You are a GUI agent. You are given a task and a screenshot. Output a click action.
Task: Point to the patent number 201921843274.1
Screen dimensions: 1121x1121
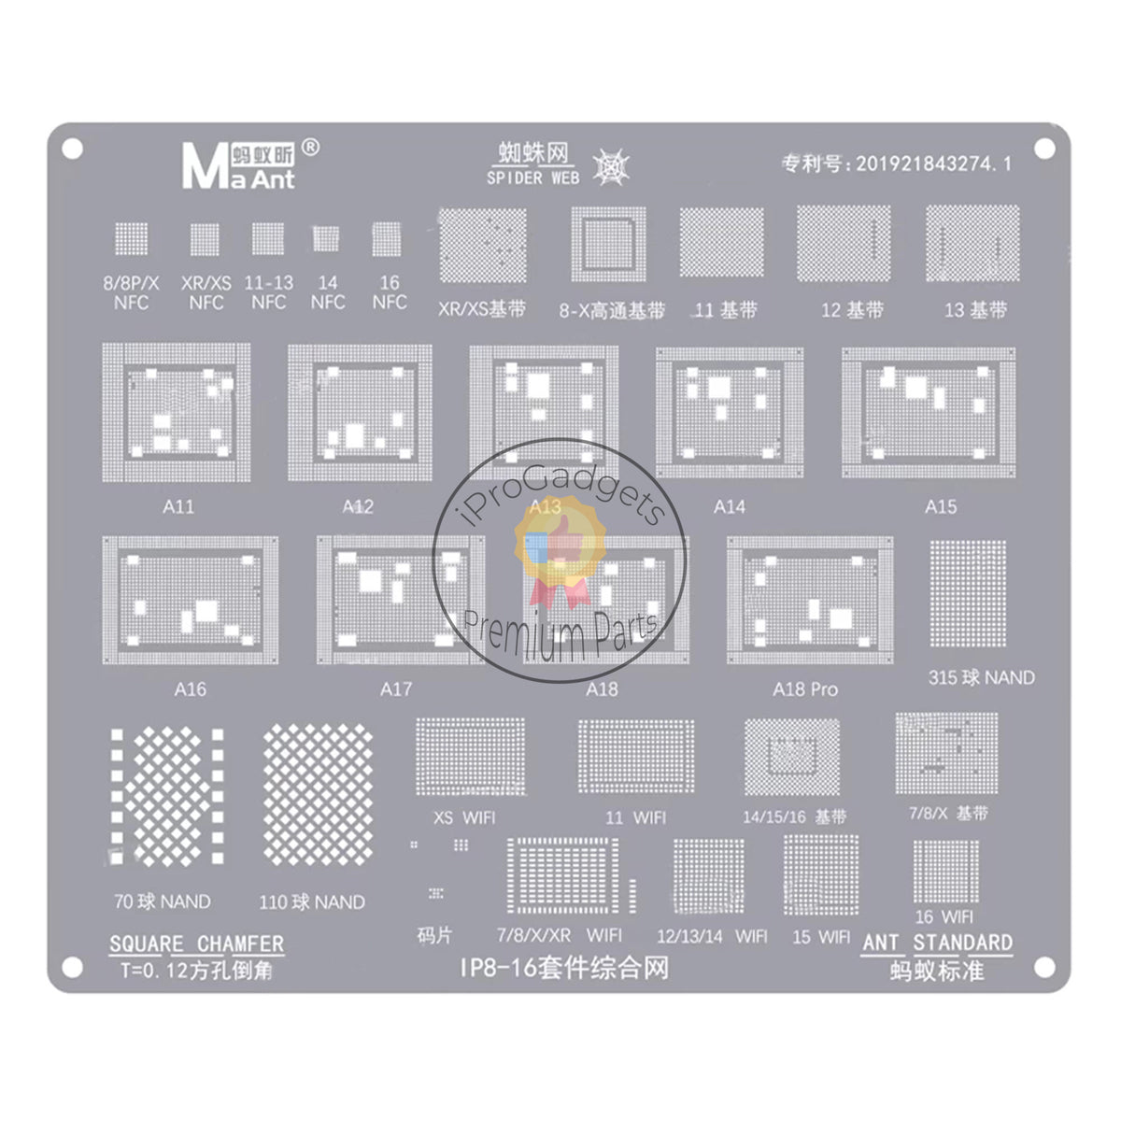(x=896, y=163)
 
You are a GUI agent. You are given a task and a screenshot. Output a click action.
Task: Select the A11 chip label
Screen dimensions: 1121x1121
(x=178, y=507)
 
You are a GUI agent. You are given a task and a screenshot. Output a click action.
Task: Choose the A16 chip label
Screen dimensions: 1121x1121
(x=190, y=689)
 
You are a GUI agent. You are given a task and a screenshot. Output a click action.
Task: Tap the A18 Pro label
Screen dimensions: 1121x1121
(x=804, y=689)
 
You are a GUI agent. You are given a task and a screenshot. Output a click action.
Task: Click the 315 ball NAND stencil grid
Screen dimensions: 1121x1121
(x=968, y=594)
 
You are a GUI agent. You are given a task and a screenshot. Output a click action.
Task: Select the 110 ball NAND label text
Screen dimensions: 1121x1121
(x=312, y=902)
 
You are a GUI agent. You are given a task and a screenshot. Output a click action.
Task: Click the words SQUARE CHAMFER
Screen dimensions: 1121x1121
(x=196, y=944)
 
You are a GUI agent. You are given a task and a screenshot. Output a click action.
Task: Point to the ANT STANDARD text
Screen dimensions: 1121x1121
(x=937, y=942)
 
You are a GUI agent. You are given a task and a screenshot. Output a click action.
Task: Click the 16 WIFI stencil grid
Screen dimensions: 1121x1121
(x=945, y=871)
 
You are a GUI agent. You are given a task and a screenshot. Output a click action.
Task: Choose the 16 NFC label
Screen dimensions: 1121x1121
(x=389, y=291)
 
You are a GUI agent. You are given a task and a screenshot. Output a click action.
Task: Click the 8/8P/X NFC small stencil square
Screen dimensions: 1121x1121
(x=131, y=239)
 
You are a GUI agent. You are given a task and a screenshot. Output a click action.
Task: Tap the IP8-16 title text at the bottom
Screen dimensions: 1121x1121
(x=564, y=969)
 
